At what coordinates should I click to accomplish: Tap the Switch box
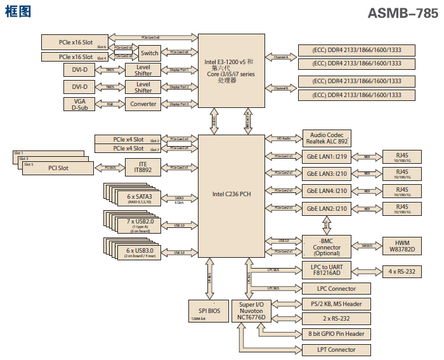[x=150, y=53]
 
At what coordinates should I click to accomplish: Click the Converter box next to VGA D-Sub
[x=143, y=103]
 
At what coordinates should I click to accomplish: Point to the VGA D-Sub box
[x=80, y=103]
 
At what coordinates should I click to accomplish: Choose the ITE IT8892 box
[x=143, y=167]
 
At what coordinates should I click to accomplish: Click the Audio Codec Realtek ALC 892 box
[x=327, y=138]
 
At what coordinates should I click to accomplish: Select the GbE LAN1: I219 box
[x=327, y=156]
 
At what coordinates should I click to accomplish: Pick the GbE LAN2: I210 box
[x=327, y=208]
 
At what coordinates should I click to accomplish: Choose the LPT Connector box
[x=336, y=350]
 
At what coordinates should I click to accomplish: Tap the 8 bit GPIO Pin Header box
[x=336, y=333]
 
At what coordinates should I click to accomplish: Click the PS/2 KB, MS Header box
[x=336, y=304]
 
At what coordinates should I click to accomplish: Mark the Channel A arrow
[x=281, y=57]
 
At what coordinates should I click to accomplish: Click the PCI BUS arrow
[x=109, y=168]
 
